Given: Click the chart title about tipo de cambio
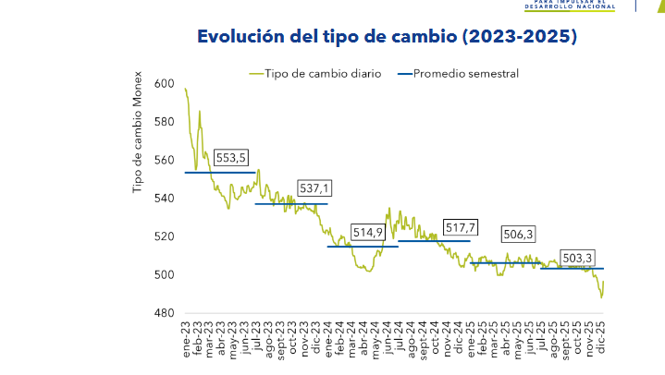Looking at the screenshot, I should click(x=388, y=37).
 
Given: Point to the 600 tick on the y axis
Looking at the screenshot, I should click(x=166, y=83).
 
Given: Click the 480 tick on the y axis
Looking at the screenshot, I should click(x=166, y=313).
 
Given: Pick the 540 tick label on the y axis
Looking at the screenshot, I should click(x=166, y=199).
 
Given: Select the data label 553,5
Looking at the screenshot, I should click(x=230, y=158).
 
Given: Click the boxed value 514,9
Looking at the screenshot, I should click(x=367, y=232).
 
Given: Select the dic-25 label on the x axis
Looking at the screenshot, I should click(x=600, y=345).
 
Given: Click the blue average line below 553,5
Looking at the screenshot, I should click(x=220, y=173).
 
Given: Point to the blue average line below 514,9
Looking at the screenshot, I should click(x=363, y=247).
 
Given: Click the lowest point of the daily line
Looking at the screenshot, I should click(x=601, y=297).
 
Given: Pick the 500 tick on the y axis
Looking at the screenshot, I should click(x=166, y=275).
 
